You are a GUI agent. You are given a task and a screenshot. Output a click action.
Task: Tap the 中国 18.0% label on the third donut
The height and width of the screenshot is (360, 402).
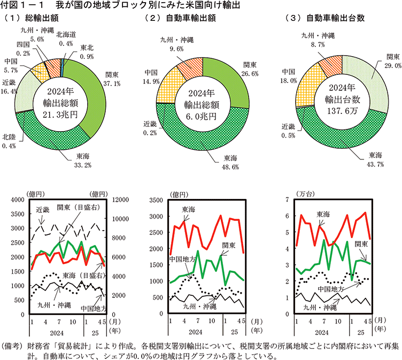click(289, 76)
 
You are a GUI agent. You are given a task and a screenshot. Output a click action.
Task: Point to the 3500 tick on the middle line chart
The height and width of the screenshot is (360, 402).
click(158, 201)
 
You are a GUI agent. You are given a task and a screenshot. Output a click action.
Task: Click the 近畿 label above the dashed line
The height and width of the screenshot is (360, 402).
click(43, 210)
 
